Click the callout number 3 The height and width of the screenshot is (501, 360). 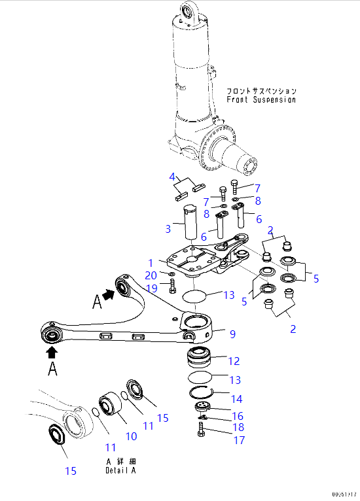(x=168, y=229)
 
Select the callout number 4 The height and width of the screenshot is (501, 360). (x=173, y=177)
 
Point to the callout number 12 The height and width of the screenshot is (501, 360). (x=234, y=360)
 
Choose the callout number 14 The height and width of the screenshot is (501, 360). (x=235, y=399)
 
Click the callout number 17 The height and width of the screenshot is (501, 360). (x=239, y=440)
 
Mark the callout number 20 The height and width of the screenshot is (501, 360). (x=151, y=275)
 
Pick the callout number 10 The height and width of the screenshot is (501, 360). (x=131, y=436)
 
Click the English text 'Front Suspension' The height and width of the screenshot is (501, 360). (x=261, y=100)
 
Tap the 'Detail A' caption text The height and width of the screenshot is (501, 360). (x=121, y=470)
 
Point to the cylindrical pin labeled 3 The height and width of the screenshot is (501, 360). (x=190, y=223)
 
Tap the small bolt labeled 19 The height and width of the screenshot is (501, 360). (x=172, y=286)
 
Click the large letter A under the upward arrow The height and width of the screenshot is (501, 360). (x=51, y=370)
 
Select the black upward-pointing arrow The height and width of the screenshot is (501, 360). (x=51, y=351)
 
